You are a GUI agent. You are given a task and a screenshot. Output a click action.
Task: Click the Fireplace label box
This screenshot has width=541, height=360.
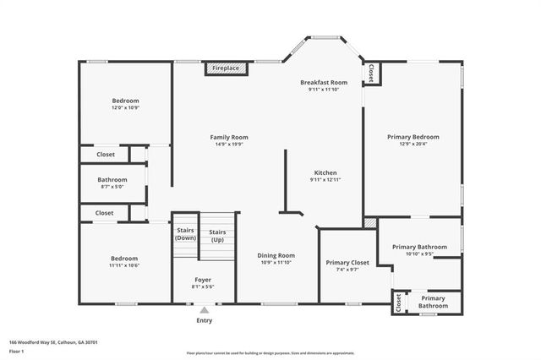[x=226, y=68]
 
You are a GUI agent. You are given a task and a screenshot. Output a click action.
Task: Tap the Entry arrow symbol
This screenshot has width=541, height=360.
[x=204, y=311]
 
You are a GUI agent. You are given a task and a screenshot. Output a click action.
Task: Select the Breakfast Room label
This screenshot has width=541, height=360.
[x=324, y=82]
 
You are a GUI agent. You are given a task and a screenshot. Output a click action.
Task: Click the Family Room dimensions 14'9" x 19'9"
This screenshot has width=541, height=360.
[x=229, y=145]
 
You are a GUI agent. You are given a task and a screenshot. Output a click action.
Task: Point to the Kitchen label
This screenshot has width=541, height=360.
[x=325, y=172]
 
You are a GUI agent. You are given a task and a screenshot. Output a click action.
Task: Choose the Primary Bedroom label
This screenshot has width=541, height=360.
[x=413, y=137]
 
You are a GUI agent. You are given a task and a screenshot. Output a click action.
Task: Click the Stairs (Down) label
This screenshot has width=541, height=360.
[x=185, y=234]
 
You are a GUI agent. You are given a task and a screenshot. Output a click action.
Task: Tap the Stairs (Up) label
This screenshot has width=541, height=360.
[x=217, y=237]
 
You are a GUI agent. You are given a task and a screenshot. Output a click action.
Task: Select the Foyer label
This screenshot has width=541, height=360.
[x=203, y=280]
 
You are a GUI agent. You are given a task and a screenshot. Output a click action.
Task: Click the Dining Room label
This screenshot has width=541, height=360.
[x=276, y=255]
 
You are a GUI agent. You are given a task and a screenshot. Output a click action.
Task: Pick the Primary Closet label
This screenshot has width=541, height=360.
[x=347, y=263]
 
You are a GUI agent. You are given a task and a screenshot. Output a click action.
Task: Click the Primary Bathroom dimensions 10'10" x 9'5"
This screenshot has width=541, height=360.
[x=419, y=254]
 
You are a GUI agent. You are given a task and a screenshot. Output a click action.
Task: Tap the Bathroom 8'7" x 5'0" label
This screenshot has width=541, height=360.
[x=112, y=180]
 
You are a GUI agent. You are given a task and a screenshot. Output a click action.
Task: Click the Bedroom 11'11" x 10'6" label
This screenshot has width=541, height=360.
[x=123, y=259]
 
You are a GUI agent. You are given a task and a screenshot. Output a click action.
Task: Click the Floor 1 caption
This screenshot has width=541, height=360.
[x=17, y=350]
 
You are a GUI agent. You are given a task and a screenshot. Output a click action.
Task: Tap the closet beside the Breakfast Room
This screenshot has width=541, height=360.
[x=372, y=74]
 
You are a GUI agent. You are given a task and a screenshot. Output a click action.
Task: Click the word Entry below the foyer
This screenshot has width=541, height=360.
[x=205, y=320]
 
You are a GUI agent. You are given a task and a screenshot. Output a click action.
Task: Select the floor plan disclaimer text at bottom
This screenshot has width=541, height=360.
[x=270, y=352]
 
